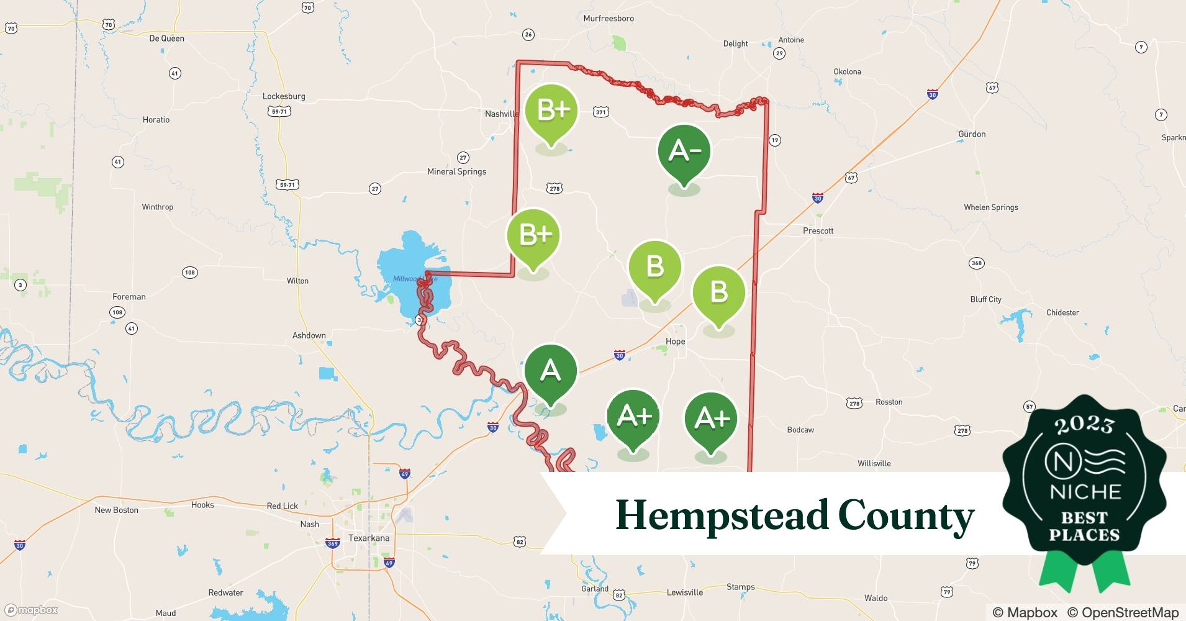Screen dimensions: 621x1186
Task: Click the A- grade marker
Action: click(684, 152)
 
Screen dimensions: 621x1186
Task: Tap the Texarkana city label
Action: click(369, 538)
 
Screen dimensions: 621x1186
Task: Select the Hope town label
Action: click(675, 342)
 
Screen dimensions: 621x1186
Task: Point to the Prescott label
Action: click(818, 230)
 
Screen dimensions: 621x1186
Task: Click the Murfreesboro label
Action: click(609, 19)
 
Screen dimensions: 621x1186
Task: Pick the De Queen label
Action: click(166, 39)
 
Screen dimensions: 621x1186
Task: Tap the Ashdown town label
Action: click(309, 335)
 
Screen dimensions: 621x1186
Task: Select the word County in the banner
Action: click(906, 515)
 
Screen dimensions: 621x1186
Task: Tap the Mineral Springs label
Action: click(456, 171)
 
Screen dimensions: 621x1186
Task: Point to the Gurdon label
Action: click(972, 134)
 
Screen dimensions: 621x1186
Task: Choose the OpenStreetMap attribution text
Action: click(1123, 612)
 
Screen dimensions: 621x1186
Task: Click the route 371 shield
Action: click(600, 112)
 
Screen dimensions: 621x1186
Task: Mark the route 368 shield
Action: click(977, 263)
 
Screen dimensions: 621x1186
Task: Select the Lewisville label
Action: click(685, 592)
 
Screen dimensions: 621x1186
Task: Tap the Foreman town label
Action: click(129, 297)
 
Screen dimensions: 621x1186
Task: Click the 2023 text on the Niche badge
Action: click(1084, 425)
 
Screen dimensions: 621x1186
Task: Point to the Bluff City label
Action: click(985, 299)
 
